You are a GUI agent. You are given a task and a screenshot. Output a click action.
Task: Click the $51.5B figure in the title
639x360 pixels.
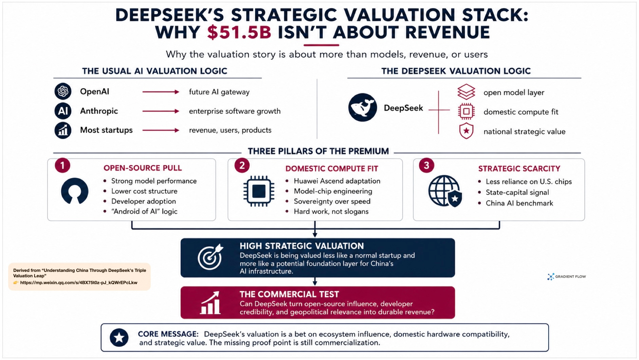(239, 33)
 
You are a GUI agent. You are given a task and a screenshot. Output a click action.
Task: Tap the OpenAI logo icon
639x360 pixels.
(63, 92)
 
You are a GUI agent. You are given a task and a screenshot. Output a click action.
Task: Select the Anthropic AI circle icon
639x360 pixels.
(63, 111)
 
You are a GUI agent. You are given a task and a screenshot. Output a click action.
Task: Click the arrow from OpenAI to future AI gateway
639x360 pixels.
(161, 92)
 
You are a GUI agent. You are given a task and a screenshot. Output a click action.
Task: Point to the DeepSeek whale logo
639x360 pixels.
(363, 107)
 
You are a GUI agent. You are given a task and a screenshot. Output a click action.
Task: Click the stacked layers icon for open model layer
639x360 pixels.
(466, 92)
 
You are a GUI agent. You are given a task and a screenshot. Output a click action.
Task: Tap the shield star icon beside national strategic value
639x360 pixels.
(466, 131)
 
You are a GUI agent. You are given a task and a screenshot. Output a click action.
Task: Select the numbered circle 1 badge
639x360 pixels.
(62, 165)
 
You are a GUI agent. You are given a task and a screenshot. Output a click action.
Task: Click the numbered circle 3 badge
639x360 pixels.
(426, 165)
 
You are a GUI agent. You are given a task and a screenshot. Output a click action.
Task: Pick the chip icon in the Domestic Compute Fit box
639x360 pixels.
(259, 191)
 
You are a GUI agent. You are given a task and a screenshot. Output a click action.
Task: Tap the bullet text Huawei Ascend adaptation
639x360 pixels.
(337, 181)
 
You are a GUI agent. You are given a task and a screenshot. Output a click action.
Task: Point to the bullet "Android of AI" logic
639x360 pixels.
(144, 212)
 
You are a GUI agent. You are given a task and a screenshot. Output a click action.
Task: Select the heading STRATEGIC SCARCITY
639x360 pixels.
(519, 168)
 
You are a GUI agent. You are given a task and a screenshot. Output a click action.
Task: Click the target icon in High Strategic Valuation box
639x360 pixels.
(210, 257)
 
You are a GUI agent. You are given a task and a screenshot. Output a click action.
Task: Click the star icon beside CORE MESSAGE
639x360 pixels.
(119, 338)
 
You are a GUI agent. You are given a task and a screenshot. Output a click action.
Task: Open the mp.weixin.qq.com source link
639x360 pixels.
(79, 282)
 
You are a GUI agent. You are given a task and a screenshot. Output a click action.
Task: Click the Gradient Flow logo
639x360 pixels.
(566, 277)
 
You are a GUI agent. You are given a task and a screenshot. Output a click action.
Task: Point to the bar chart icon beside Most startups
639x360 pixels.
(63, 130)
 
